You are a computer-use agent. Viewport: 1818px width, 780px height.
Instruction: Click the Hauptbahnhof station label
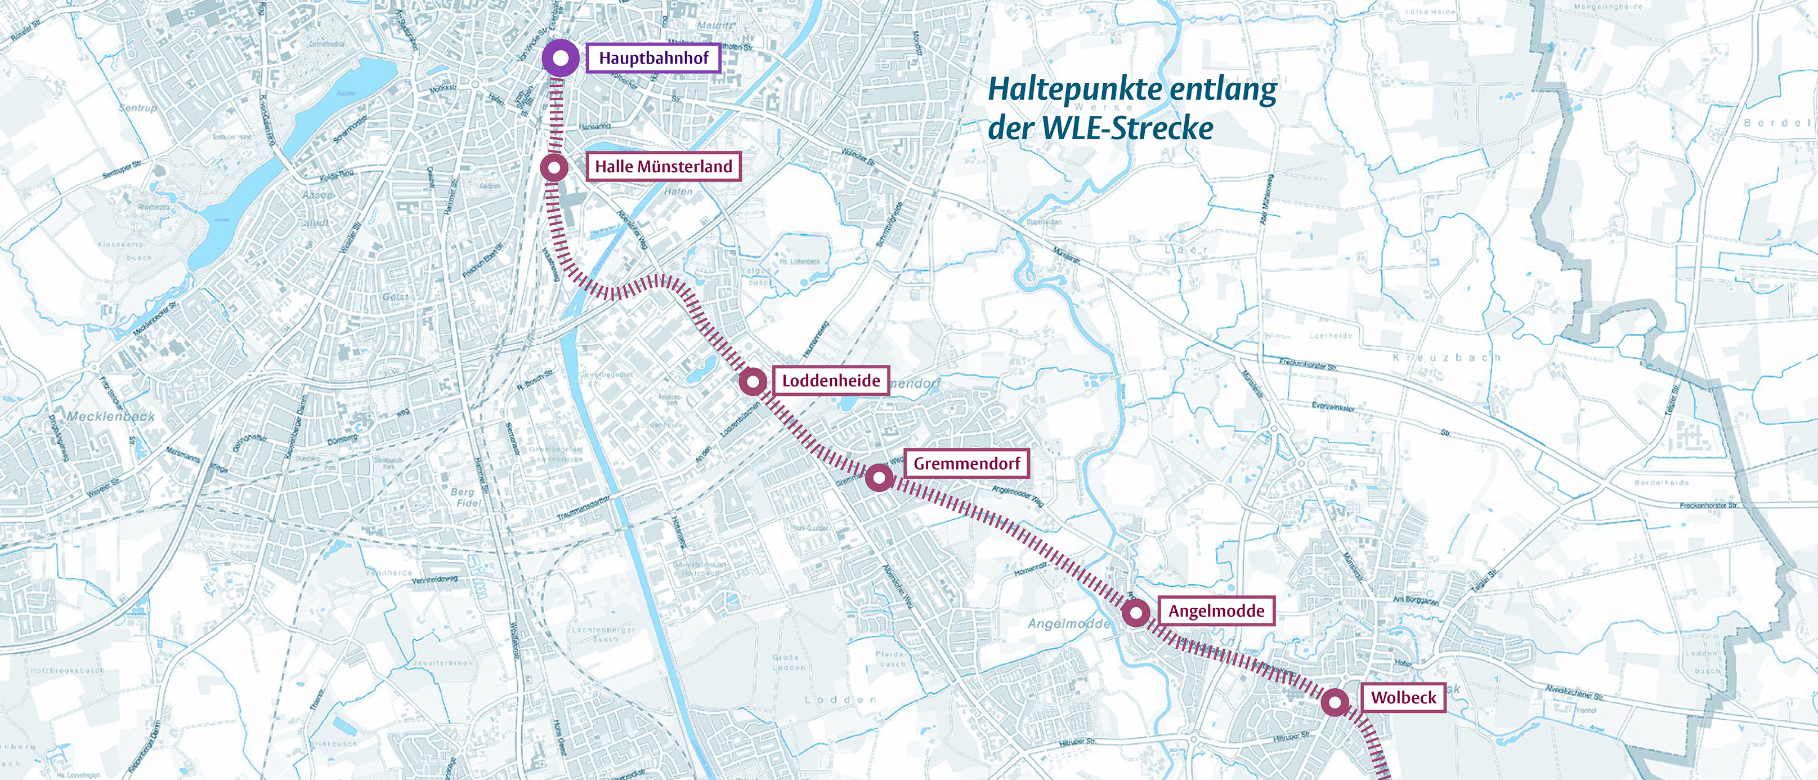[653, 58]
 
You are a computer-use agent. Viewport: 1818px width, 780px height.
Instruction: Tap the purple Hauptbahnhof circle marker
[561, 59]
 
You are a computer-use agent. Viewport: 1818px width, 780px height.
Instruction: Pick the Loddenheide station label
[831, 381]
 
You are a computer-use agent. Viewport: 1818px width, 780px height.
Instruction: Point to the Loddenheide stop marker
[753, 382]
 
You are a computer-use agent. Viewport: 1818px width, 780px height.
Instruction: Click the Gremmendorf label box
[966, 463]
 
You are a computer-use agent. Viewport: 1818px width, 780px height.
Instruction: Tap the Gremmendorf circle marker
[879, 479]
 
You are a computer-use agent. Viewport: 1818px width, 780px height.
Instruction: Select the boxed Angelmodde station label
[1216, 611]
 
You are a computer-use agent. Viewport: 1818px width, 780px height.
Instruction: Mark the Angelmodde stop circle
[1135, 613]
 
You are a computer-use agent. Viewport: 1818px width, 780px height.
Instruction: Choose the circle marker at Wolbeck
[1335, 702]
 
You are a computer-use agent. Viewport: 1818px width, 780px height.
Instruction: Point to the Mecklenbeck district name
[111, 417]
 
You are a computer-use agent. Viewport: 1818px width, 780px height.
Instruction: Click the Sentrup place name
[138, 108]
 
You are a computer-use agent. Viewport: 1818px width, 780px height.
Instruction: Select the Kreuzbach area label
[1446, 358]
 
